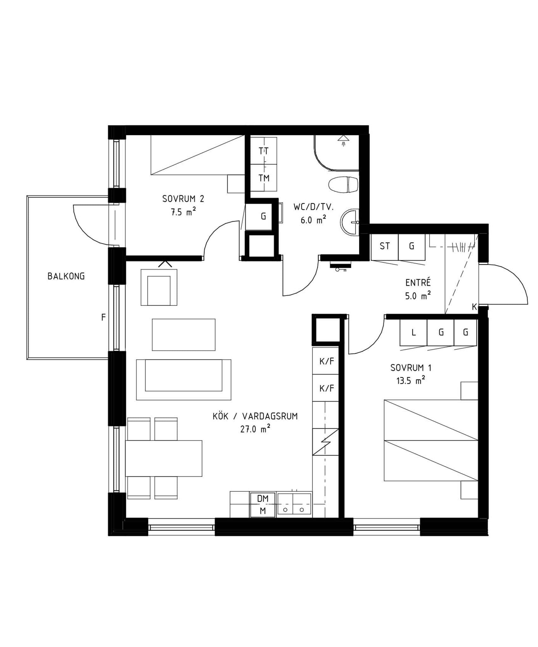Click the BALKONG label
[x=66, y=276]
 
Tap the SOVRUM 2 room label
[x=183, y=199]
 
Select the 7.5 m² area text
[x=183, y=212]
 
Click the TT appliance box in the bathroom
[x=263, y=151]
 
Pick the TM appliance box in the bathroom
[x=263, y=178]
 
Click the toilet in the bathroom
[x=343, y=185]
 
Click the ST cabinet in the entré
[x=384, y=247]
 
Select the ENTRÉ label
[x=418, y=282]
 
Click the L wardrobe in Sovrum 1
[x=414, y=332]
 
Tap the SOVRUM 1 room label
[x=411, y=368]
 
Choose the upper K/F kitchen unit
[x=326, y=361]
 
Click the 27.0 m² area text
[x=255, y=429]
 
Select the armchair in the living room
[x=159, y=287]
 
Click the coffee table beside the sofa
[x=184, y=335]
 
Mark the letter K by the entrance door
[x=474, y=307]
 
